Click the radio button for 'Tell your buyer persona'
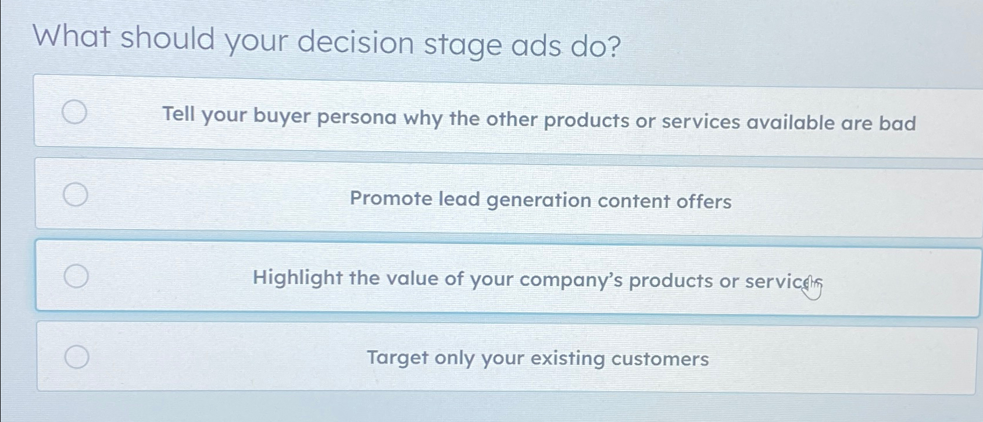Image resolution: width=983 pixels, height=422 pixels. [75, 112]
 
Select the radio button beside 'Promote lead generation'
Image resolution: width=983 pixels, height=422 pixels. [76, 194]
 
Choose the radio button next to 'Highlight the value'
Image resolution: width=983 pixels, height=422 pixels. [76, 276]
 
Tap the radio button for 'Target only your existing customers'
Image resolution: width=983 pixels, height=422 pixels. [77, 356]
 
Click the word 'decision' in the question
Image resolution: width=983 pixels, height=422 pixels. [356, 42]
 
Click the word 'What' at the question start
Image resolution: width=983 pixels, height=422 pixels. [72, 36]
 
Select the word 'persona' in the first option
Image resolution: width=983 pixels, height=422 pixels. [356, 117]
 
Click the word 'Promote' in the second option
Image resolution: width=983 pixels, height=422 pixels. [391, 199]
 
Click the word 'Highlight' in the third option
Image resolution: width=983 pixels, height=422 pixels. [298, 278]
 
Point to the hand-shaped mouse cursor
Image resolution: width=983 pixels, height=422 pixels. [812, 288]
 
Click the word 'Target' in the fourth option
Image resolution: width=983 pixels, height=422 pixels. [396, 357]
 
